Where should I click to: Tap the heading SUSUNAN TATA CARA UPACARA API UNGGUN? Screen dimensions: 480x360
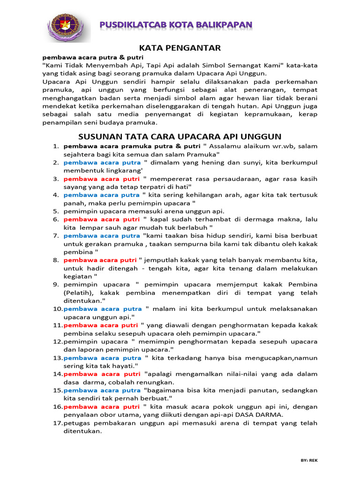180,136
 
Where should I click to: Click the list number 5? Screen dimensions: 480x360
55,211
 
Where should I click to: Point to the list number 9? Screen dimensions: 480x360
55,284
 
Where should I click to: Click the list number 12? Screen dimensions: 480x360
57,341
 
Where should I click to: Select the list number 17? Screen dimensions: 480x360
57,423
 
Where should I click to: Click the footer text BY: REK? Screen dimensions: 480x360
309,461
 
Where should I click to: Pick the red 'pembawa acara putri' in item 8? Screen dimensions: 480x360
100,260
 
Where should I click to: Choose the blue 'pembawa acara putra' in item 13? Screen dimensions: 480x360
102,358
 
